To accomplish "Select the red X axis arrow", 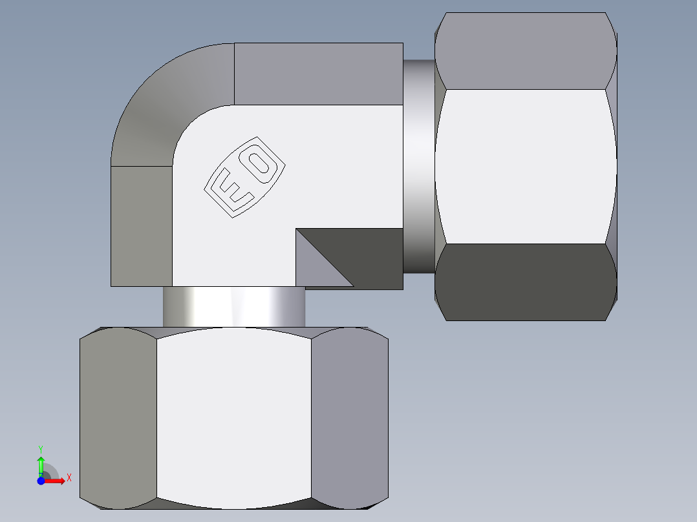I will coord(55,481).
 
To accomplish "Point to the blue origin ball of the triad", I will coord(41,481).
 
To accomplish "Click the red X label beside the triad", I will coord(69,478).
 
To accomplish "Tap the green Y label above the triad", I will coord(41,448).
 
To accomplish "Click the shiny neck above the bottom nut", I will coord(233,308).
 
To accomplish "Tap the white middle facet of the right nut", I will coord(524,166).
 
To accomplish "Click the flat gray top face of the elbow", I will coord(318,74).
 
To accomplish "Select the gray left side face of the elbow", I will coord(142,226).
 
